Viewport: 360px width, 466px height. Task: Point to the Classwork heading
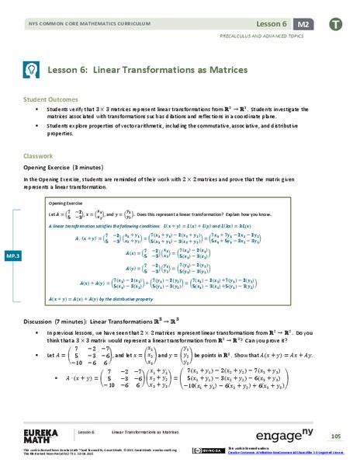38,155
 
